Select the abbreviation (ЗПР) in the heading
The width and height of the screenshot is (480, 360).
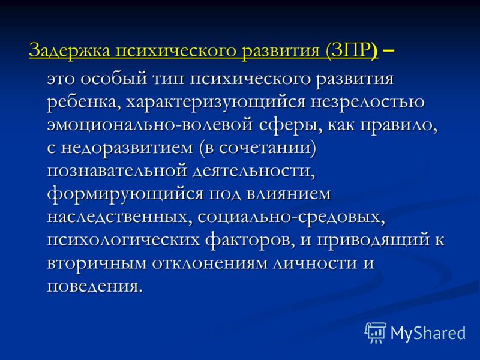click(352, 50)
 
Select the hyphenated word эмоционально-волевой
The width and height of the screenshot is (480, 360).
click(149, 125)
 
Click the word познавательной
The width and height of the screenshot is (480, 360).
click(117, 171)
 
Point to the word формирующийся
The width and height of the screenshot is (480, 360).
click(125, 194)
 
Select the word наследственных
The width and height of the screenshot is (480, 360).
click(118, 217)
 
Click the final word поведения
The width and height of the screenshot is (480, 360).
click(95, 287)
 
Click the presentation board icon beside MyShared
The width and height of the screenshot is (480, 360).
click(376, 332)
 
